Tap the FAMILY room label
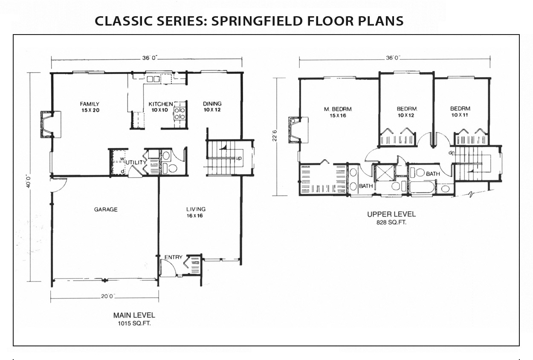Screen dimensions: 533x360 90,104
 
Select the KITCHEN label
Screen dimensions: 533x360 161,104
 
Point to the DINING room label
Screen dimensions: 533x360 212,104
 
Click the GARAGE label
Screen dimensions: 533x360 106,209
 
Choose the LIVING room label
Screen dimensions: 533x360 196,209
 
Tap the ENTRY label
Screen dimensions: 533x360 174,257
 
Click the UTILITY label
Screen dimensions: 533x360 136,163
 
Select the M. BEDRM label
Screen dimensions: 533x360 338,109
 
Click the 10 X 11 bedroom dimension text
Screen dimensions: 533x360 460,115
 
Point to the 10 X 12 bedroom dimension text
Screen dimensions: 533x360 406,116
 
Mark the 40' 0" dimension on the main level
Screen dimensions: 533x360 29,182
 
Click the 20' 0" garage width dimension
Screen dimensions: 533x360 108,296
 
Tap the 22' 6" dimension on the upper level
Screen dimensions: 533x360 275,136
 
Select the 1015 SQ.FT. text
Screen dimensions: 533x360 134,324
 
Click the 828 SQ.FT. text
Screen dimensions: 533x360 391,222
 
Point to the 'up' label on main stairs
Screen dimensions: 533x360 238,158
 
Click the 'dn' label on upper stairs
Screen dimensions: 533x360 452,153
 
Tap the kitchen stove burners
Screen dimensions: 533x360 180,113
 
